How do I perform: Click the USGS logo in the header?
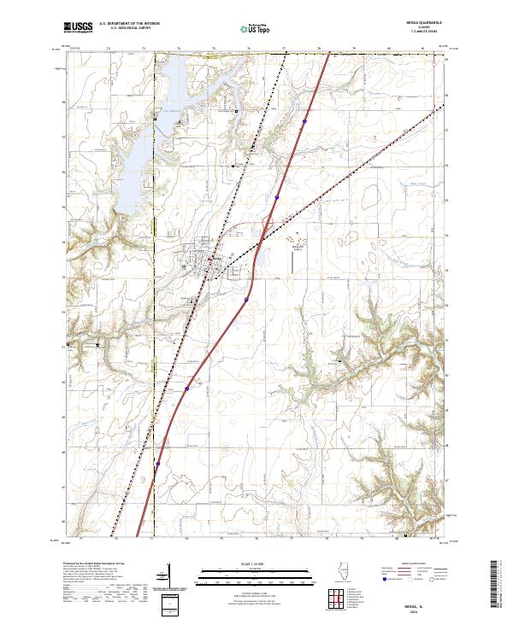pos(79,28)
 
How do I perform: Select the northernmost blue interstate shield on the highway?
pos(304,122)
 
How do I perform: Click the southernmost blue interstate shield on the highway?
pos(158,464)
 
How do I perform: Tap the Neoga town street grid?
pos(205,260)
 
